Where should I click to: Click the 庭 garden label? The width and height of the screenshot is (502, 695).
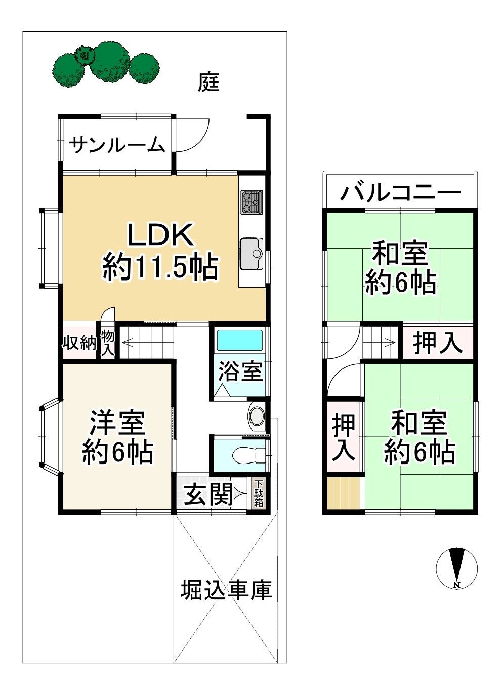[208, 82]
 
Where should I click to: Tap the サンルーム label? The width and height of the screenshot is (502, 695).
[117, 146]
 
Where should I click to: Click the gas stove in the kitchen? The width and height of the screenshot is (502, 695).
[252, 201]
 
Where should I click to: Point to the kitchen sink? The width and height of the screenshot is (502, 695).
[252, 253]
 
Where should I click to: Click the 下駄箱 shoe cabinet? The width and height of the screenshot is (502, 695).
[259, 493]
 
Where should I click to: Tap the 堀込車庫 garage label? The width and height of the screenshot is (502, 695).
[226, 590]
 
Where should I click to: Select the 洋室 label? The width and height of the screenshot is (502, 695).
[117, 424]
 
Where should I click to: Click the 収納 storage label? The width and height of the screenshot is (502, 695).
[79, 343]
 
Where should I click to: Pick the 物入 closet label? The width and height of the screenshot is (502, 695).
[107, 343]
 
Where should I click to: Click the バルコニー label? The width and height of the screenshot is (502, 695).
[400, 193]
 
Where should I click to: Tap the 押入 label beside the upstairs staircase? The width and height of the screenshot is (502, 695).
[438, 342]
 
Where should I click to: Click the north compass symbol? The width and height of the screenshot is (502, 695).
[457, 567]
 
